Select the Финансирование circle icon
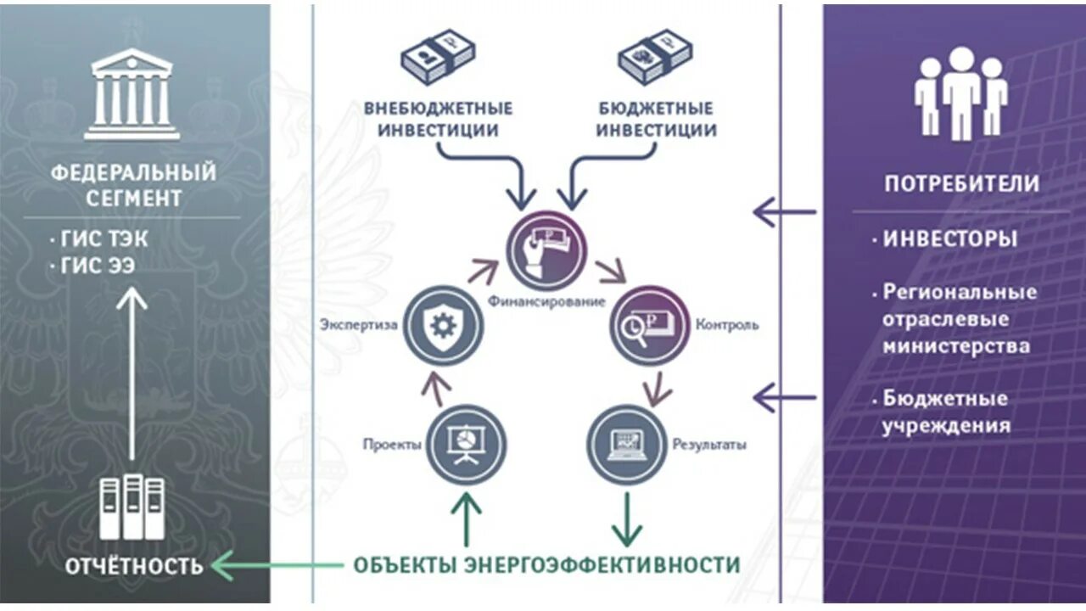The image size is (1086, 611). click(547, 250)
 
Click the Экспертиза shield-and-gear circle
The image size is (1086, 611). click(443, 326)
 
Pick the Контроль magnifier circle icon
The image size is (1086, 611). click(650, 326)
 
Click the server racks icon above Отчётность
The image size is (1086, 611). click(132, 507)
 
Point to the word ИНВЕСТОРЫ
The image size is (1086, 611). click(949, 239)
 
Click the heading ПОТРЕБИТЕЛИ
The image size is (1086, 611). click(961, 184)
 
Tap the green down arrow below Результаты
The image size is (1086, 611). click(627, 519)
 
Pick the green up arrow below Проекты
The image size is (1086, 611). click(465, 519)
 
